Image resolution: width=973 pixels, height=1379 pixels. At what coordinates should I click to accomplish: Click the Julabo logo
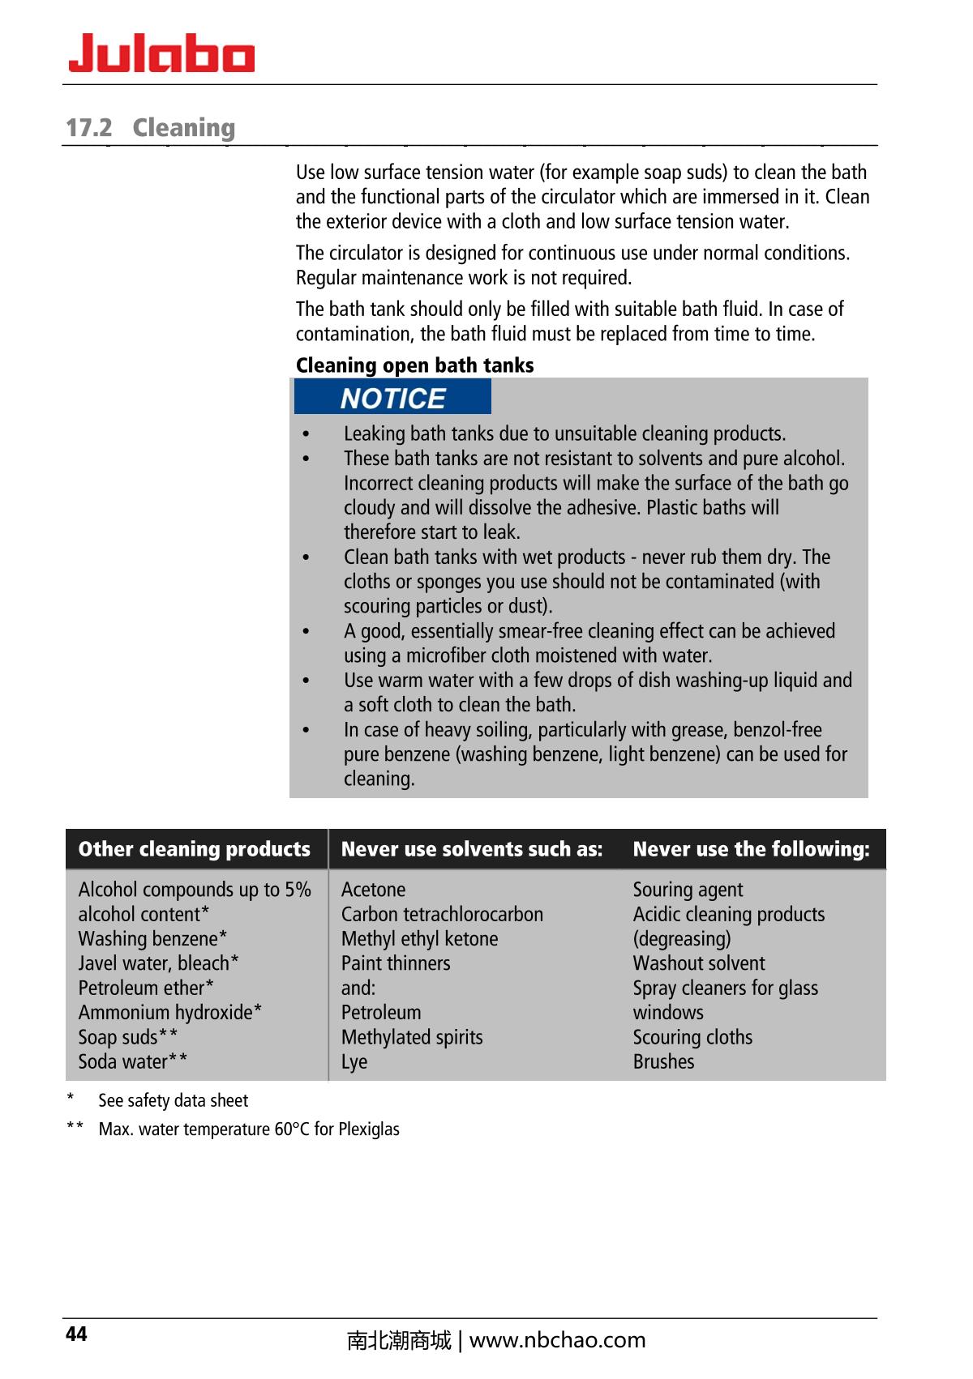pyautogui.click(x=161, y=54)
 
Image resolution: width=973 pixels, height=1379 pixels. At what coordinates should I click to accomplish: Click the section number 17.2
pyautogui.click(x=88, y=128)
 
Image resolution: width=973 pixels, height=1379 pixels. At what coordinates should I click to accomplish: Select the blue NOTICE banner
pyautogui.click(x=392, y=398)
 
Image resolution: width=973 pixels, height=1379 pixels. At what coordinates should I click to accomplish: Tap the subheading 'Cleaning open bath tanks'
pyautogui.click(x=414, y=365)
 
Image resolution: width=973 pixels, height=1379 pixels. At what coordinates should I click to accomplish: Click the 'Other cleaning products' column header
pyautogui.click(x=195, y=849)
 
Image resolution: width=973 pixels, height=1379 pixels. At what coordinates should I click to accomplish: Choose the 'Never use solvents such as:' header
pyautogui.click(x=472, y=849)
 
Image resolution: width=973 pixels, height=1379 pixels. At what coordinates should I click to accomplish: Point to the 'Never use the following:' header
pyautogui.click(x=751, y=849)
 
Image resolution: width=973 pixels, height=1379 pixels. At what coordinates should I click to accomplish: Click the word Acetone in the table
pyautogui.click(x=373, y=890)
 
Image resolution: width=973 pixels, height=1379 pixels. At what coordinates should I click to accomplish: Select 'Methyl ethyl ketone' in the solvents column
pyautogui.click(x=419, y=939)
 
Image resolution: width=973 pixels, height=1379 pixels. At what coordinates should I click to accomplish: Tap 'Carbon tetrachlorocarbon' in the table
pyautogui.click(x=442, y=915)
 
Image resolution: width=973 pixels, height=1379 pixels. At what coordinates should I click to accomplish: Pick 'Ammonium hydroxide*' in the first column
pyautogui.click(x=169, y=1013)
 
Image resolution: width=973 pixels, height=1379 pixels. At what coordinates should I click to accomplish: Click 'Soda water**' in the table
pyautogui.click(x=133, y=1061)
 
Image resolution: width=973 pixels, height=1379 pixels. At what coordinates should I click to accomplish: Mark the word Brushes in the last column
pyautogui.click(x=663, y=1061)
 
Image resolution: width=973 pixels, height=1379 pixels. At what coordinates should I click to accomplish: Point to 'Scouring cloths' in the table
pyautogui.click(x=692, y=1037)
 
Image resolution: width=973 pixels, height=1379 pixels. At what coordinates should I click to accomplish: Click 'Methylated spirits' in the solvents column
pyautogui.click(x=412, y=1037)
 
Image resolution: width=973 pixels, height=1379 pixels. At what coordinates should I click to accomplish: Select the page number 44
pyautogui.click(x=76, y=1334)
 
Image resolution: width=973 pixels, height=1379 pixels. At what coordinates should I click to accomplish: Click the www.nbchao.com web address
pyautogui.click(x=557, y=1340)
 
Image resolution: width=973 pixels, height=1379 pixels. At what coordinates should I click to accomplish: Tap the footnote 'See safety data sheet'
pyautogui.click(x=173, y=1100)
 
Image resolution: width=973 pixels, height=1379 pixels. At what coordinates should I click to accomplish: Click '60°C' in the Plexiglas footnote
pyautogui.click(x=292, y=1129)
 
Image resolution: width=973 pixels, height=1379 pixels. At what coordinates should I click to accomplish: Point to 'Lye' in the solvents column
pyautogui.click(x=354, y=1061)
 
